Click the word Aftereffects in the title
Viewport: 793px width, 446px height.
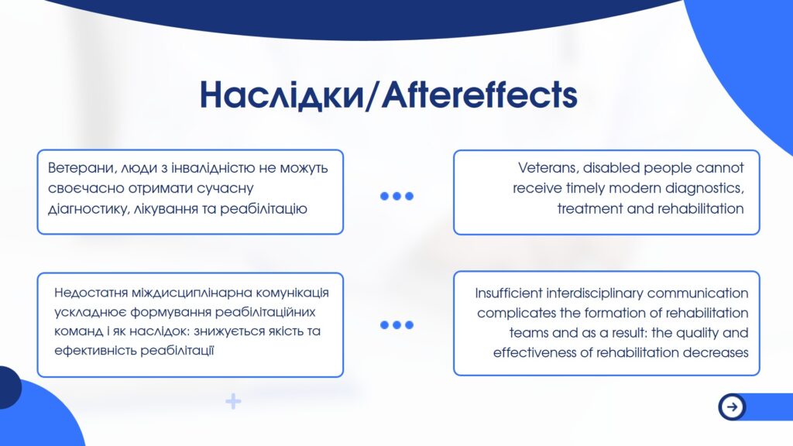click(x=479, y=94)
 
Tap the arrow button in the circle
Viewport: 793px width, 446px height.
click(x=732, y=406)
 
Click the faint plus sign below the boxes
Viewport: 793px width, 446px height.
click(x=233, y=402)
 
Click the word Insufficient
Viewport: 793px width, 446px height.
click(x=508, y=293)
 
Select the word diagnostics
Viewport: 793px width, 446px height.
click(x=705, y=189)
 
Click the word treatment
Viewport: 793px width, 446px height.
click(x=589, y=209)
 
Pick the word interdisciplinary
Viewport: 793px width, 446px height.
click(x=594, y=293)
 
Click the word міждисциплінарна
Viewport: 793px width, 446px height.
click(x=192, y=293)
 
